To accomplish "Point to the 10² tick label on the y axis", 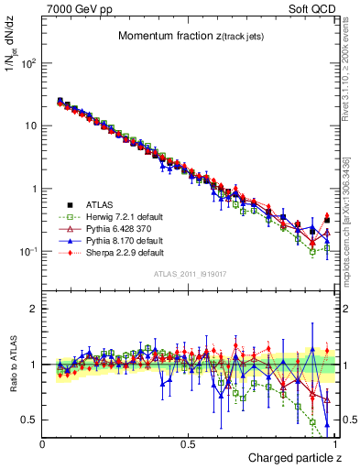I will [30, 63].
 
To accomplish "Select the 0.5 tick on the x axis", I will [189, 443].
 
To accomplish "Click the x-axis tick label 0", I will [43, 443].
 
